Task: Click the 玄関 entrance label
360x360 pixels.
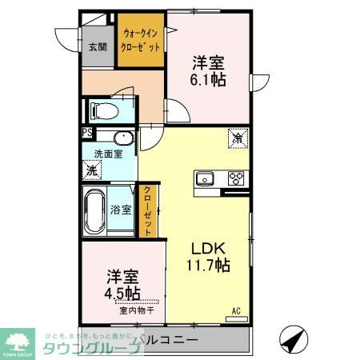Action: [x=97, y=46]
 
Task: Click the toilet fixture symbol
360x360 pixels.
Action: [x=103, y=110]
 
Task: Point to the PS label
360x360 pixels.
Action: [x=86, y=134]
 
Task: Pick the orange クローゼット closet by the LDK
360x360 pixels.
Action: [x=148, y=210]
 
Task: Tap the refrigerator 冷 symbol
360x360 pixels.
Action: [x=238, y=138]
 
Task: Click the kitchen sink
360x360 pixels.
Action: [x=205, y=178]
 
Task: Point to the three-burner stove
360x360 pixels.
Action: [x=236, y=178]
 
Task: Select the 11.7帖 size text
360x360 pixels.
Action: [x=210, y=265]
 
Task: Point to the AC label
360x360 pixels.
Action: [x=236, y=310]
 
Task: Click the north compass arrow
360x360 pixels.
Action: [x=295, y=339]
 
